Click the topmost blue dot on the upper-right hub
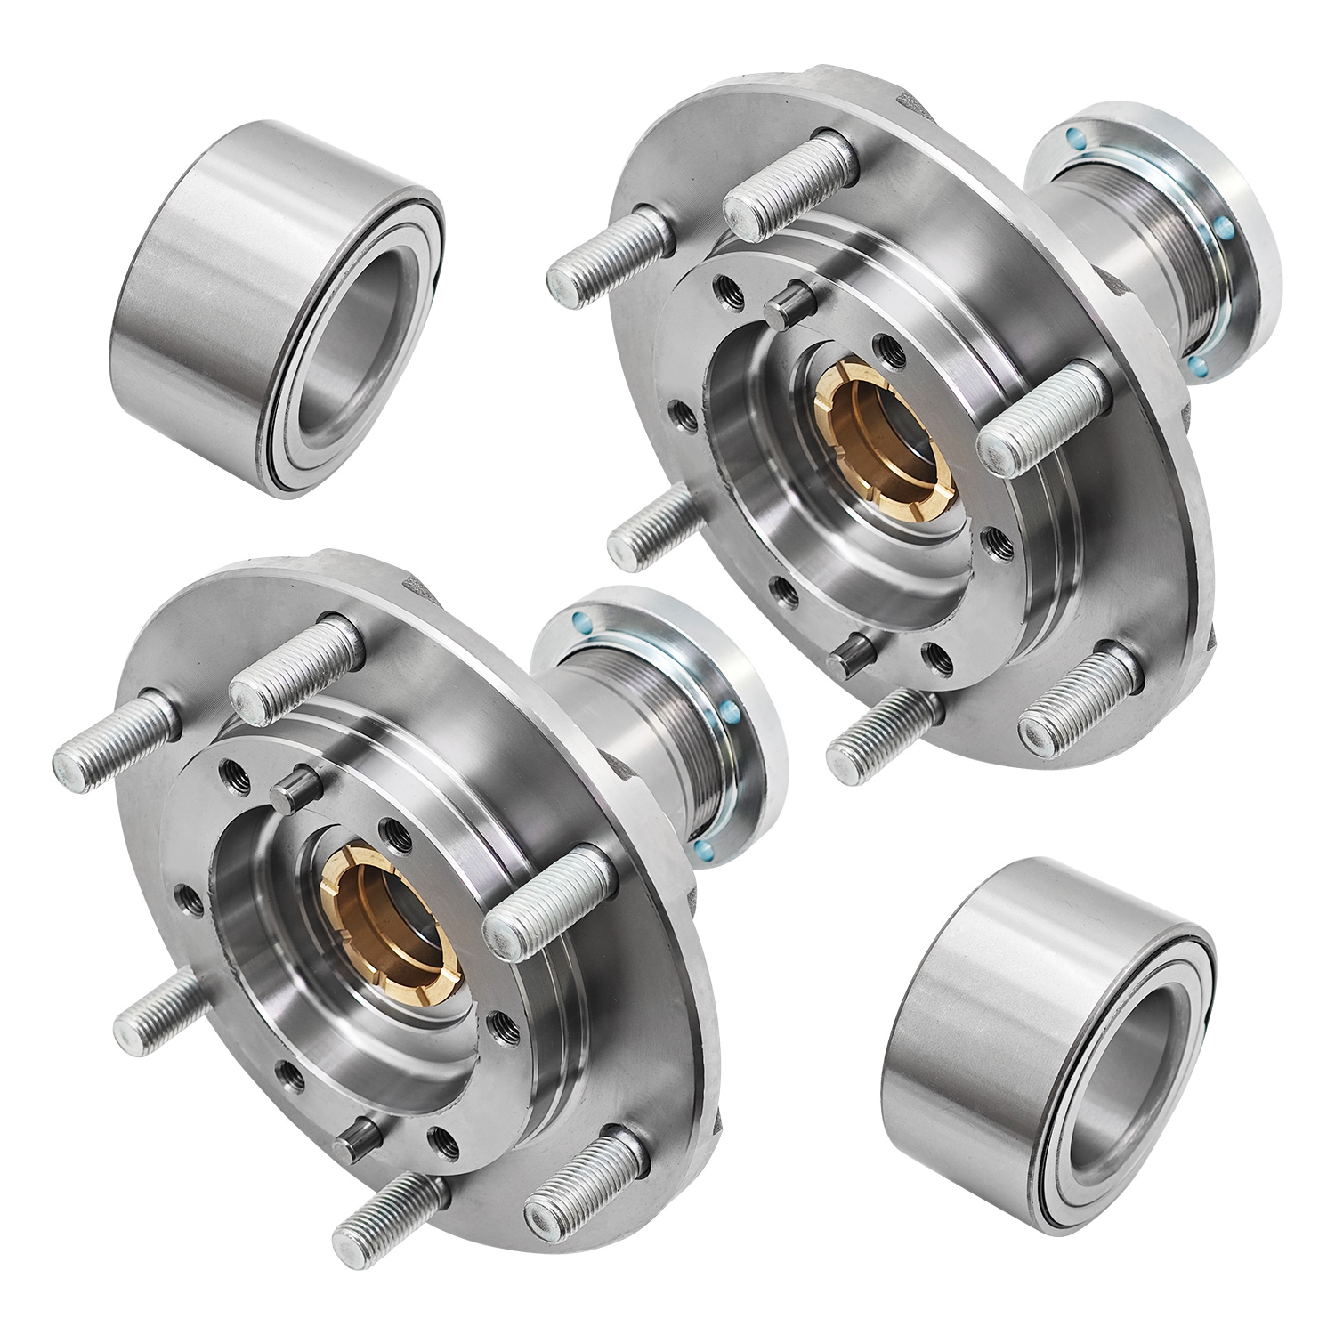click(x=1075, y=135)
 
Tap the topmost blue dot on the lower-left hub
click(x=583, y=622)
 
